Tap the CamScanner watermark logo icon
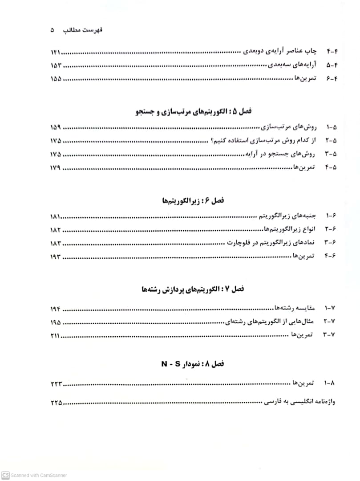(x=5, y=475)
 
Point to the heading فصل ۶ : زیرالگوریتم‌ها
(x=193, y=201)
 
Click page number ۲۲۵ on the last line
(x=56, y=403)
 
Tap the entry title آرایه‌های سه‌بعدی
(x=291, y=65)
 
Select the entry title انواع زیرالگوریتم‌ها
(x=289, y=229)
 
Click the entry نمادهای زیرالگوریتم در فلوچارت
(x=271, y=243)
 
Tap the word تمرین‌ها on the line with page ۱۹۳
(x=304, y=256)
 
